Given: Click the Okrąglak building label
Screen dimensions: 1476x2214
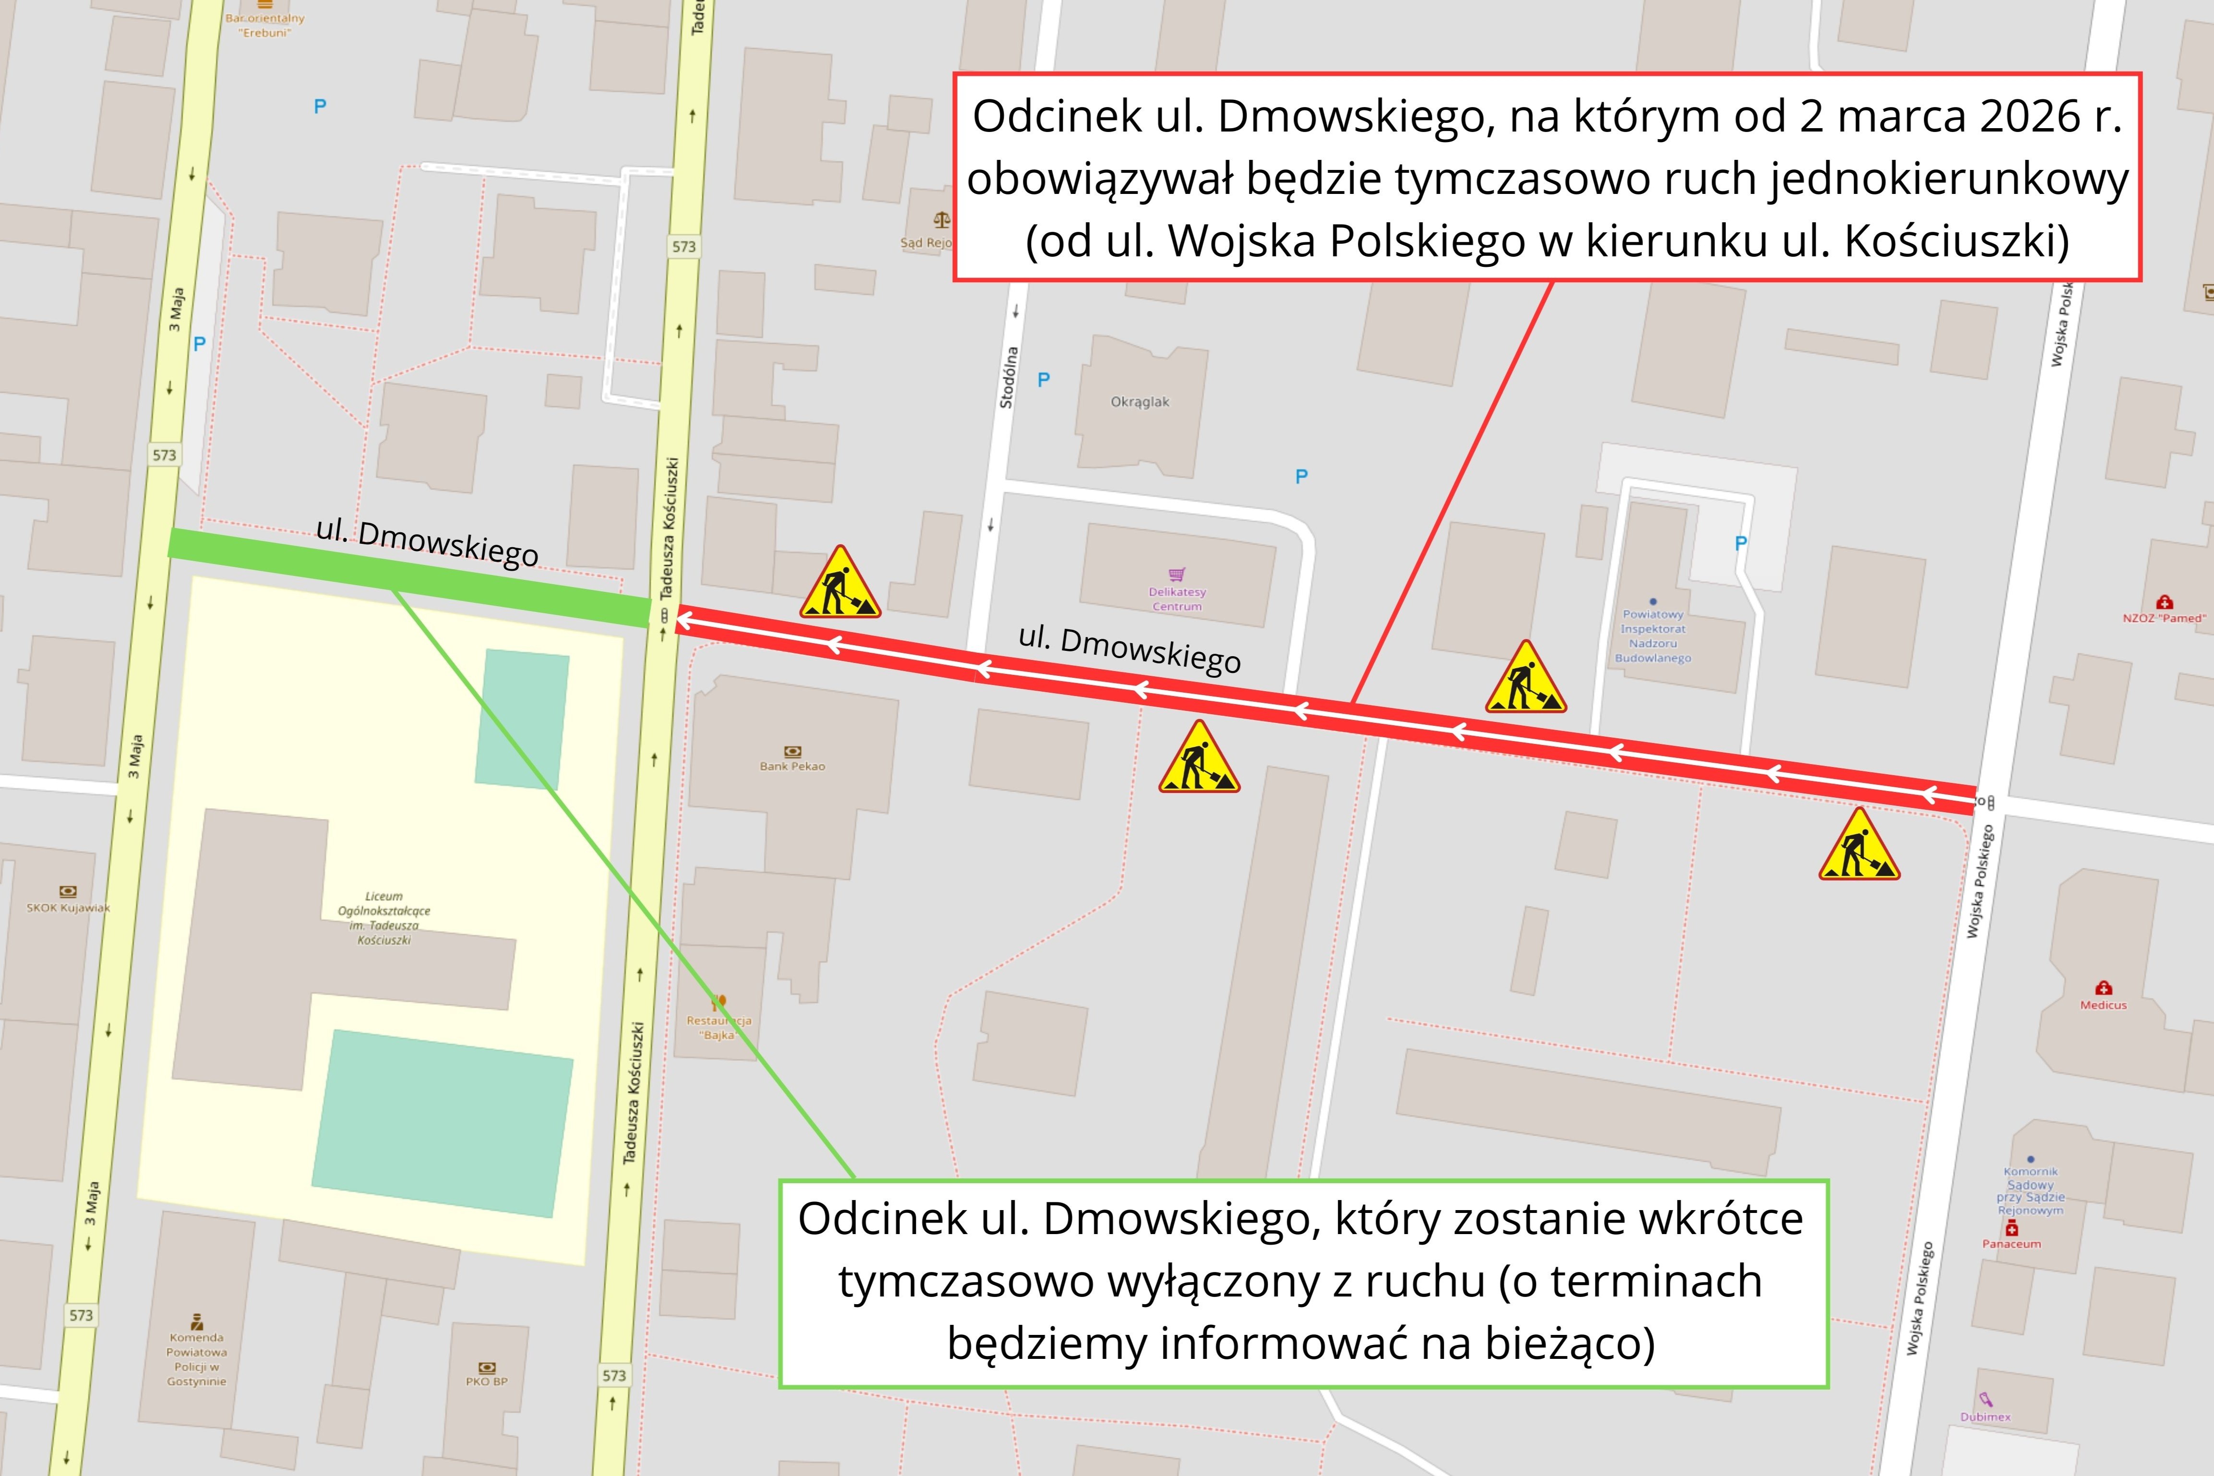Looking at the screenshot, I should point(1139,402).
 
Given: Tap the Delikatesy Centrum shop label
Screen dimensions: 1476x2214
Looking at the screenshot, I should point(1176,599).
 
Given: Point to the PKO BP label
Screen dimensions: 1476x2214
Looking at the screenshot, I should point(487,1381).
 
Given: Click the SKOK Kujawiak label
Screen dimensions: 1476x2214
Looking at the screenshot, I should point(68,907).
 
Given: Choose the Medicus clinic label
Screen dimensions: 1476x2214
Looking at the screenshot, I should point(2103,1004).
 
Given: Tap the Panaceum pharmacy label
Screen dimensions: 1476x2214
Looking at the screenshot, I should point(2011,1244).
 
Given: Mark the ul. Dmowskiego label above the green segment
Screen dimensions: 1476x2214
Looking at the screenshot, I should point(427,542).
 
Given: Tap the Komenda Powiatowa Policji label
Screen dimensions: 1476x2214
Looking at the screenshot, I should point(197,1359).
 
